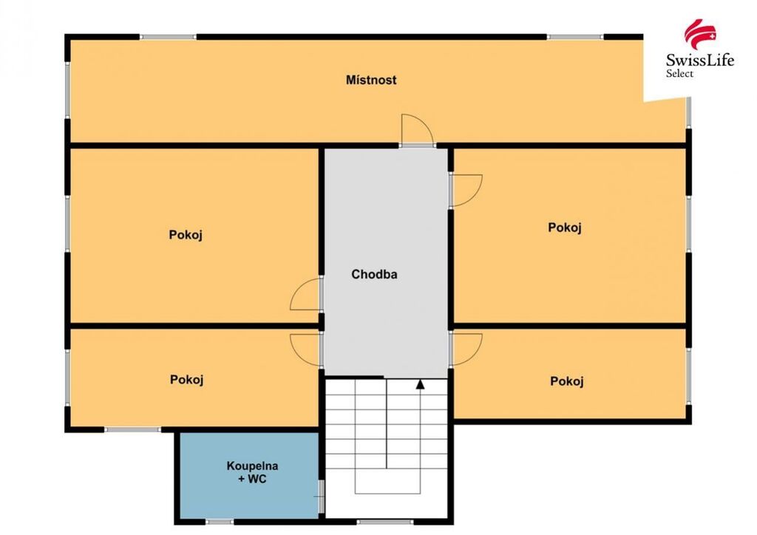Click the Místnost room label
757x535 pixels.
(371, 80)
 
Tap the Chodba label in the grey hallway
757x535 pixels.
(374, 274)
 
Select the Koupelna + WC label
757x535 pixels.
(252, 472)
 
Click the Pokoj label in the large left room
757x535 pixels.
(186, 235)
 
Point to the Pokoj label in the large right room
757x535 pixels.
(564, 227)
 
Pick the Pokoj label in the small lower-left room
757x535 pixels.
(186, 380)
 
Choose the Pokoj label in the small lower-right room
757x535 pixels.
(567, 381)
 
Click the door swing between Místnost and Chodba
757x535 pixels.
(417, 129)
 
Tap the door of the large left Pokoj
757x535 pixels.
(306, 294)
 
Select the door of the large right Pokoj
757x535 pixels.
(466, 191)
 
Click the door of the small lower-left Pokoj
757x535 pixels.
(306, 350)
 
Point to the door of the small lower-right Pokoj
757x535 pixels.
(466, 350)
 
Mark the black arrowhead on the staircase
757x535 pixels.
(421, 384)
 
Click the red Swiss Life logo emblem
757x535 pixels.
(700, 34)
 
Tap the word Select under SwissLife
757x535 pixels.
(679, 73)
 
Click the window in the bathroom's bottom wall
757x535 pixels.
(220, 522)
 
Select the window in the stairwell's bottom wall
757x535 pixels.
(384, 522)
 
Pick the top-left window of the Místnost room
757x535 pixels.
(168, 37)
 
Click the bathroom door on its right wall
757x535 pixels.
(321, 497)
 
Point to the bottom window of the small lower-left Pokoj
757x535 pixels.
(133, 429)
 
